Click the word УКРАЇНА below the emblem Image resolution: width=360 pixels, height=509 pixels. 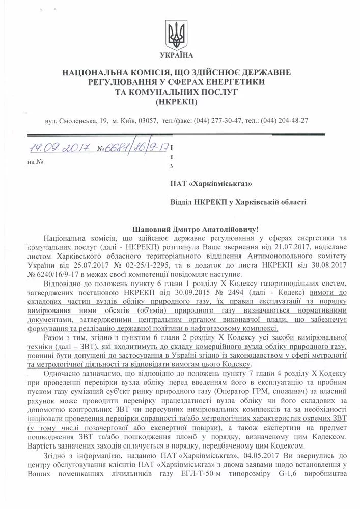[x=180, y=54]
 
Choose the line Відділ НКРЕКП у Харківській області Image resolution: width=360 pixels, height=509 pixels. [x=238, y=202]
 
